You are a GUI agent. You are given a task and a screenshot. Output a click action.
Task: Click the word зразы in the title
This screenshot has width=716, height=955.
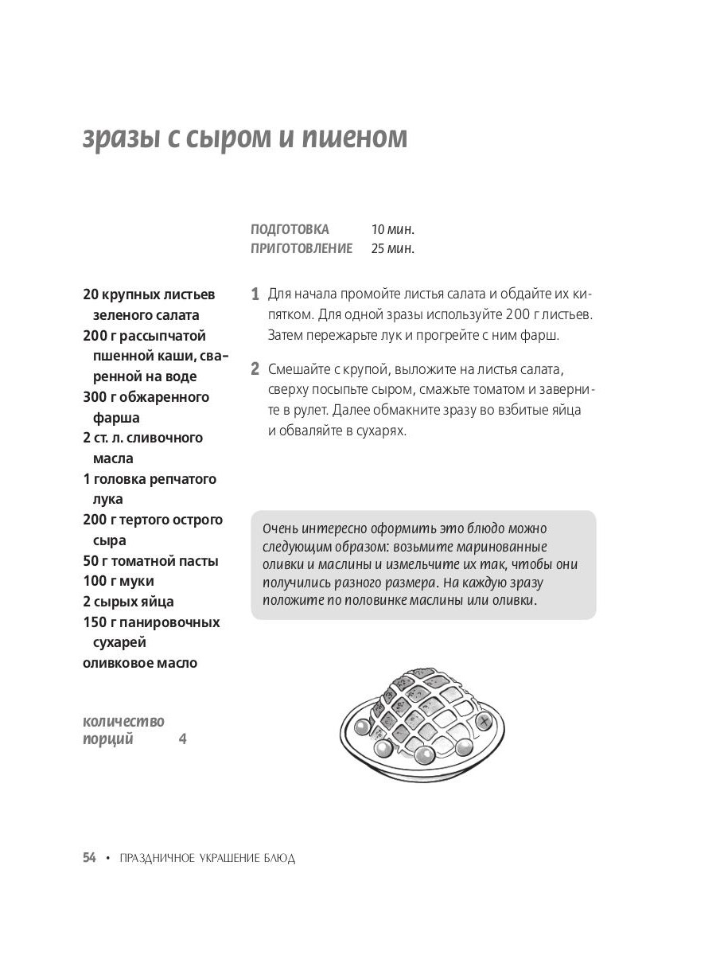click(120, 138)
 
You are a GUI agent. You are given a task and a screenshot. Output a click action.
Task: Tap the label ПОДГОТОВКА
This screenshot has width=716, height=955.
click(290, 229)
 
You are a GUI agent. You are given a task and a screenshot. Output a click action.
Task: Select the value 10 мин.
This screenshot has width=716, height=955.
click(393, 229)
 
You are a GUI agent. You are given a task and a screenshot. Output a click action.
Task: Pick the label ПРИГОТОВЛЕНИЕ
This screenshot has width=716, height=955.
click(302, 248)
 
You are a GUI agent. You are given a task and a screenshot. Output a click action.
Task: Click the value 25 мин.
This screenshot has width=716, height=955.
click(393, 248)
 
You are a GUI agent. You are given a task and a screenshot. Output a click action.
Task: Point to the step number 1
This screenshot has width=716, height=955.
click(255, 294)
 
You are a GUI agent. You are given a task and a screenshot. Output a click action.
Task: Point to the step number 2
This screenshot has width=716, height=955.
click(255, 369)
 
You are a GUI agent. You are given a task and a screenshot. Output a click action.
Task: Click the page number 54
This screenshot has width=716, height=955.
click(89, 858)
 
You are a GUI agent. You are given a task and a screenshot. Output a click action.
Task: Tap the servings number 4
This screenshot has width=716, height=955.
click(182, 739)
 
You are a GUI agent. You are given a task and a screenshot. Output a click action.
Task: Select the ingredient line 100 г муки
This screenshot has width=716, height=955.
click(119, 581)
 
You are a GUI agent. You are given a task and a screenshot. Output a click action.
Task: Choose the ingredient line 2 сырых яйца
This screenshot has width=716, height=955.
click(128, 602)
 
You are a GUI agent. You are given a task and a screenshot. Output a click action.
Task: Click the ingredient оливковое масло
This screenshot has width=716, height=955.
click(140, 663)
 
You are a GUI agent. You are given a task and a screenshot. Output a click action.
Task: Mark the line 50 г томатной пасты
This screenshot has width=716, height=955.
click(150, 561)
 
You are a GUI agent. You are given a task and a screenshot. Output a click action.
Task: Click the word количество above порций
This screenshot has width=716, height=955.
click(123, 722)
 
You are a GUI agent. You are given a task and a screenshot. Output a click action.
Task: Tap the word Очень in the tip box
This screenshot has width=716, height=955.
click(278, 529)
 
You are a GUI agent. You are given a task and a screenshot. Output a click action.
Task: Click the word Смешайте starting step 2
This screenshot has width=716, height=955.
click(299, 369)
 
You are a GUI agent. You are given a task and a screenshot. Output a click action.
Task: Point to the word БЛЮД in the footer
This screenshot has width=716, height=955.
click(281, 859)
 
